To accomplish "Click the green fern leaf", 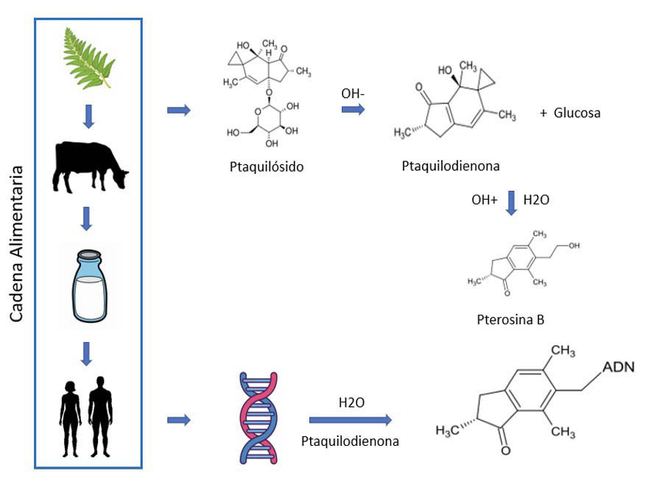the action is click(88, 58).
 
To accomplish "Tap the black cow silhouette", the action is click(89, 167).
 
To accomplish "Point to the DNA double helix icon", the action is click(258, 418).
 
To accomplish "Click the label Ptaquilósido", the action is click(267, 167).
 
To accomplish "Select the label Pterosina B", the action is click(510, 319).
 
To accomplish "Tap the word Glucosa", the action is click(577, 113).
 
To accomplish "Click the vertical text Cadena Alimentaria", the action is click(16, 243).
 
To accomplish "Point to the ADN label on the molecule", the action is click(619, 367).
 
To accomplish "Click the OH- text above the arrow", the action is click(353, 93).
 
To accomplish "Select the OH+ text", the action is click(484, 200).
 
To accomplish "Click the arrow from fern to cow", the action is click(88, 116).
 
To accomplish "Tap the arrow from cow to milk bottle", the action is click(86, 219).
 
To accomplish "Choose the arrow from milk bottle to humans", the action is click(86, 354).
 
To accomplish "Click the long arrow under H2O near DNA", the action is click(351, 419).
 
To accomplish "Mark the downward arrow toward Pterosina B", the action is click(512, 203).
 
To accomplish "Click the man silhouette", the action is click(100, 416).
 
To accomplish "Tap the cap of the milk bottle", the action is click(89, 254).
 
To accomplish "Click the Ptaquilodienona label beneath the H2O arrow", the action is click(350, 441).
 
